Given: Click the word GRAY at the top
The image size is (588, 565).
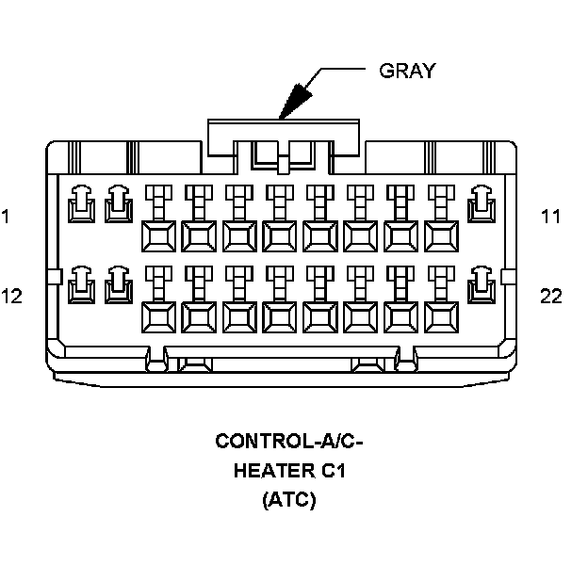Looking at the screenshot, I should pyautogui.click(x=407, y=72).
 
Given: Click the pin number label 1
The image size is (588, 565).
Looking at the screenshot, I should pyautogui.click(x=7, y=217).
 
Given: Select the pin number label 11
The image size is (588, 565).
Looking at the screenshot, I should pyautogui.click(x=550, y=217).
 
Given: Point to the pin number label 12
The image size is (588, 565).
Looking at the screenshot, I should pyautogui.click(x=11, y=297).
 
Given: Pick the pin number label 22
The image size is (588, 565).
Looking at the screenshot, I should pyautogui.click(x=551, y=297).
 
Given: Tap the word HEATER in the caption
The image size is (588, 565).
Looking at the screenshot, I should pyautogui.click(x=267, y=470).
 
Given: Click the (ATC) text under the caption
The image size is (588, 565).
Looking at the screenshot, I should pyautogui.click(x=289, y=500).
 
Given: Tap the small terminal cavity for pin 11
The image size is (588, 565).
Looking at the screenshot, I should pyautogui.click(x=483, y=201).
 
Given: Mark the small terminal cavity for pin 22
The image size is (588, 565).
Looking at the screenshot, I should pyautogui.click(x=483, y=281).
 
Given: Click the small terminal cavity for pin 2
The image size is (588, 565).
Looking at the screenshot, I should pyautogui.click(x=118, y=201).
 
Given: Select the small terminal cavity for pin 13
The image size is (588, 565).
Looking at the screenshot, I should pyautogui.click(x=118, y=281).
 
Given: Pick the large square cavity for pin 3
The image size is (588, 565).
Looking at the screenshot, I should pyautogui.click(x=158, y=235).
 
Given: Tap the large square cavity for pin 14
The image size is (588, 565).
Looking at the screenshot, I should pyautogui.click(x=158, y=315).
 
